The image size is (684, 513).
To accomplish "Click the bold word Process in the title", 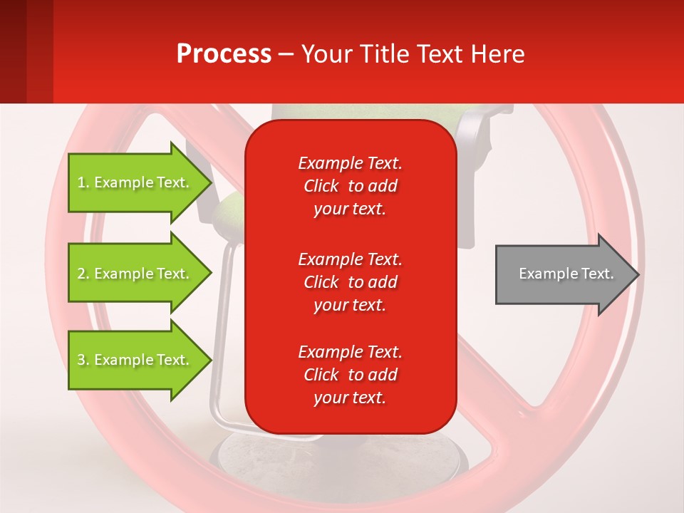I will pos(224,54).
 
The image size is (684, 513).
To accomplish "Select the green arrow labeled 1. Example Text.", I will pos(135,182).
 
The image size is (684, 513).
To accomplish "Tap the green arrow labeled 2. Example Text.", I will pos(135,274).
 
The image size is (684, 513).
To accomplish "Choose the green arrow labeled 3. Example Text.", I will pos(135,360).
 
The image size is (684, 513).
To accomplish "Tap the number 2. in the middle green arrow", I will pos(83,274).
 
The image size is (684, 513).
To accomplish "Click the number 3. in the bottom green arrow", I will pos(83,360).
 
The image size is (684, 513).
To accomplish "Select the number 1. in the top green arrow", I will pos(83,182).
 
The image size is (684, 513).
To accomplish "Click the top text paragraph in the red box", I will pos(350,186).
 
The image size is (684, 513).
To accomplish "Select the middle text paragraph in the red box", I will pos(350,282).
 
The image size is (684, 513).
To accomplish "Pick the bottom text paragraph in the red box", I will pos(350,375).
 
